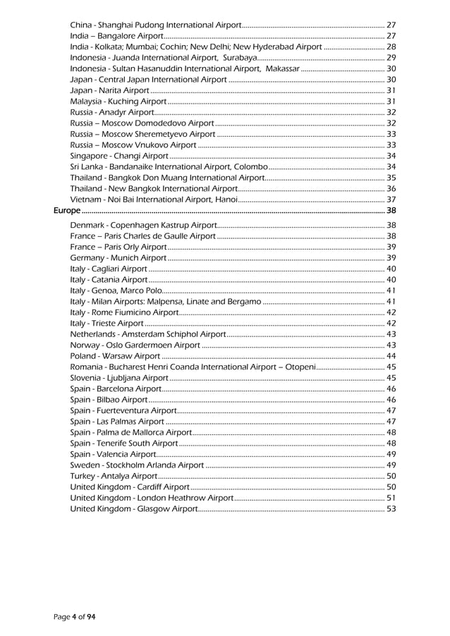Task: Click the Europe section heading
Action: (68, 211)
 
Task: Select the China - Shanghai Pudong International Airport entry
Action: (156, 25)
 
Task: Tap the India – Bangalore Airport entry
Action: (117, 35)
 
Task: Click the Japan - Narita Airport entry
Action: (109, 90)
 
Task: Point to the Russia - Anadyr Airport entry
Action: (112, 112)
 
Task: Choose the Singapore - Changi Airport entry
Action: (119, 156)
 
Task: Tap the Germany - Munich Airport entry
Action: (118, 258)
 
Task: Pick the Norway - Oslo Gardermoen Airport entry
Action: (135, 345)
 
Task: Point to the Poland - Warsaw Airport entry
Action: (115, 356)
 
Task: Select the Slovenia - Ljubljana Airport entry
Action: (118, 378)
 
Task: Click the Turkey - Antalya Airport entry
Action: (114, 477)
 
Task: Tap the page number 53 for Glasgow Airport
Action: (391, 509)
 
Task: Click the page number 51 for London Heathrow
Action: (391, 499)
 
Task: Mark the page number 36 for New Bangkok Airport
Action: (391, 189)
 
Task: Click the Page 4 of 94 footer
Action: (75, 617)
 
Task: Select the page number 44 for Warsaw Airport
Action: (391, 356)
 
